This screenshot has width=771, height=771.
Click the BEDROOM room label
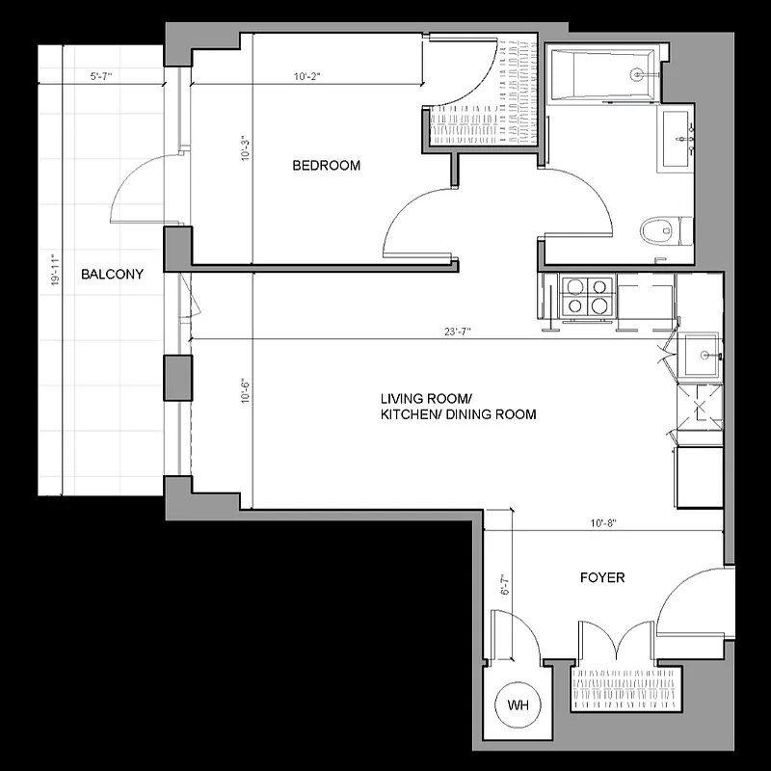pyautogui.click(x=326, y=166)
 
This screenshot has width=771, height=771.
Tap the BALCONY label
pyautogui.click(x=112, y=274)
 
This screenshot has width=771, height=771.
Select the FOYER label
pyautogui.click(x=601, y=577)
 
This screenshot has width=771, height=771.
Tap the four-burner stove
pyautogui.click(x=587, y=296)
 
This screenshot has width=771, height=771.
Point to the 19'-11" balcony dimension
pyautogui.click(x=57, y=271)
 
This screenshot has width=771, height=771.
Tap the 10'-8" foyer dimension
pyautogui.click(x=603, y=523)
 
